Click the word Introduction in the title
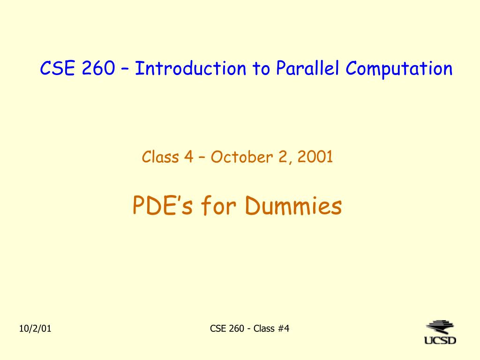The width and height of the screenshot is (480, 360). [190, 68]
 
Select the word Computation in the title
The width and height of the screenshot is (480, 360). [399, 68]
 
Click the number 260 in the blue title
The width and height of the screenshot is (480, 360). [98, 68]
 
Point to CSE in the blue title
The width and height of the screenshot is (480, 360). [58, 68]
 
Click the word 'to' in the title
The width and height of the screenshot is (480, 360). [261, 68]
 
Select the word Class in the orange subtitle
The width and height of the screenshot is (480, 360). [160, 157]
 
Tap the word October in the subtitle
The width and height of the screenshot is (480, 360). [241, 157]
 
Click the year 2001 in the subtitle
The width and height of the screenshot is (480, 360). [315, 157]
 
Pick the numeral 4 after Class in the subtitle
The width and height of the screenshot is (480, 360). [188, 157]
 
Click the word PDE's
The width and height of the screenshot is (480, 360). [163, 205]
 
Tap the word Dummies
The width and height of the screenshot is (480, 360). [293, 205]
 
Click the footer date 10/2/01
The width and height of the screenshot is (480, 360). [35, 329]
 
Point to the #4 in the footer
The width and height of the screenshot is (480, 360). [284, 329]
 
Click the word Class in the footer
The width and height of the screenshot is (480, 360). [264, 329]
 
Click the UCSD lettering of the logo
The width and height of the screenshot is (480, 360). [440, 340]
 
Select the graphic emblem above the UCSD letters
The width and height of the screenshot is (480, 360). [440, 327]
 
